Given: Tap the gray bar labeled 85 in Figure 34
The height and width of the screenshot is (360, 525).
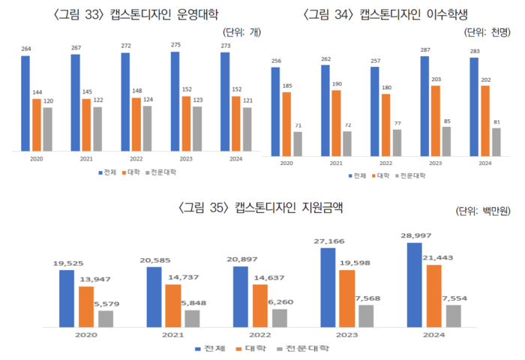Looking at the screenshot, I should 446,141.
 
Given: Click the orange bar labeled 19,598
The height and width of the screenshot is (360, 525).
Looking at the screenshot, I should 346,298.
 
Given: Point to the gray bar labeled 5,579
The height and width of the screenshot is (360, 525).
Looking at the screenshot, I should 105,318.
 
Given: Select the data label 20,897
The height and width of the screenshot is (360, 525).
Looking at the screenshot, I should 240,259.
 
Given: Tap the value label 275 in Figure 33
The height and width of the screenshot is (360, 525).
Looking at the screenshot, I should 175,46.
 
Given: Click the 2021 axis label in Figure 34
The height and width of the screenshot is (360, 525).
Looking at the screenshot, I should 336,163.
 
